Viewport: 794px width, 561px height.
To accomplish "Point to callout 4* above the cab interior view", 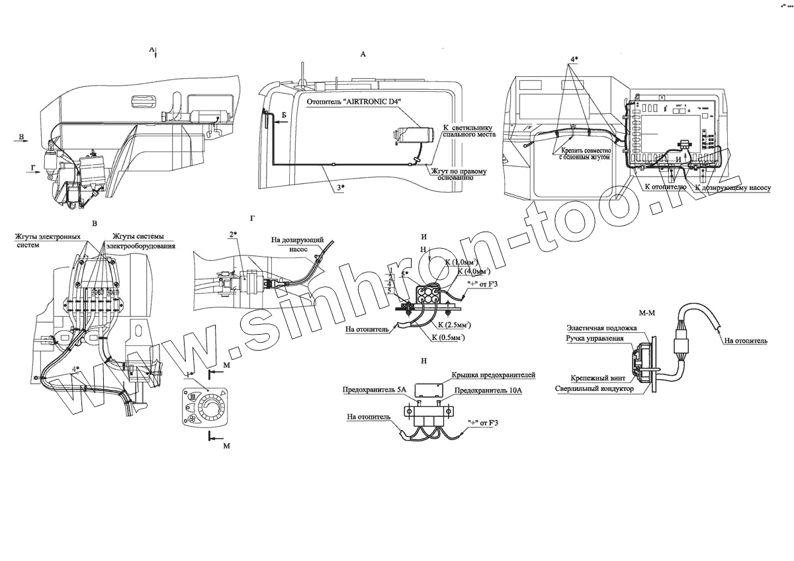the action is [x=573, y=59].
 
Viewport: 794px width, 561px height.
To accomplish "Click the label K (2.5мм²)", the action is [x=457, y=325].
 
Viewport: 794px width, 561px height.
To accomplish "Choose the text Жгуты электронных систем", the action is [x=51, y=240].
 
